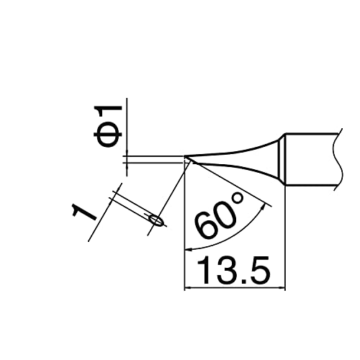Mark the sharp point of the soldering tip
pos(186,158)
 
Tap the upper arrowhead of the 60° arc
pos(269,205)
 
